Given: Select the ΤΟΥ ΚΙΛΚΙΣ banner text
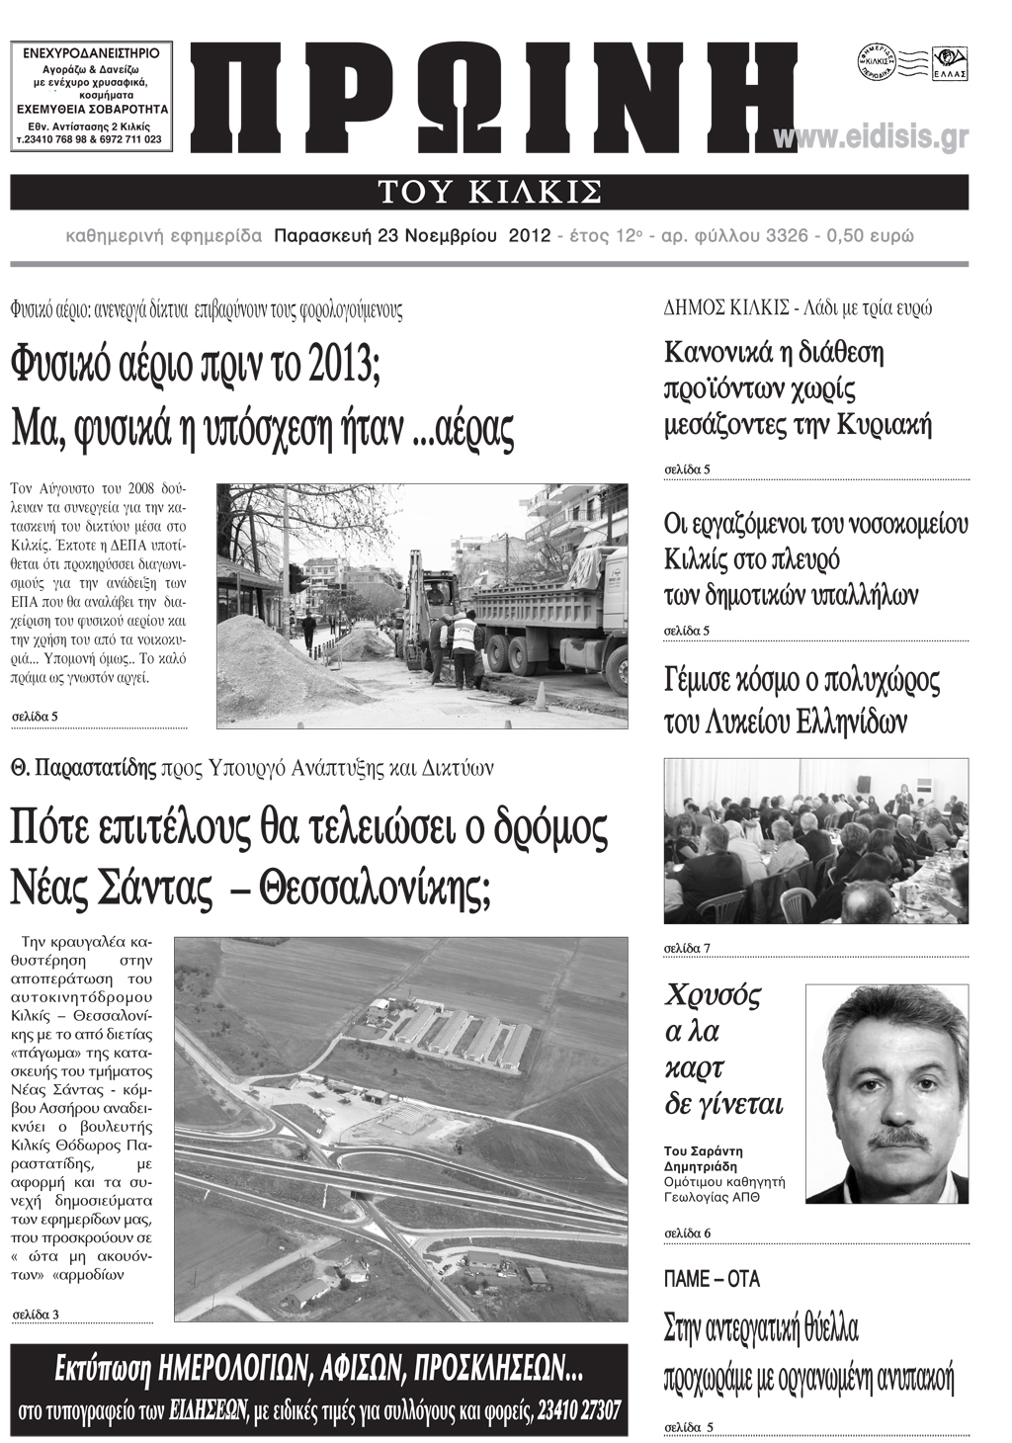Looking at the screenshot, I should coord(489,191).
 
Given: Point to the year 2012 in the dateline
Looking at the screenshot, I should coord(529,236).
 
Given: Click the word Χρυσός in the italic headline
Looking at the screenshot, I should coord(713,994).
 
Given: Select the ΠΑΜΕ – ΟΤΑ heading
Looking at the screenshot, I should coord(712,1279).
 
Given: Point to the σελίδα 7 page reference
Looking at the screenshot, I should coord(687,949).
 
